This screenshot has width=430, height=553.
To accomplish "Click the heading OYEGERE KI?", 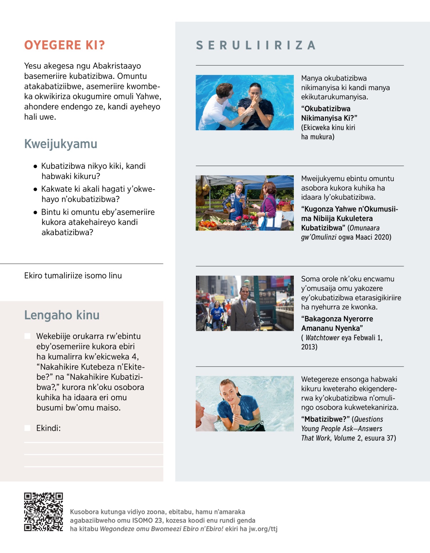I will point(64,45).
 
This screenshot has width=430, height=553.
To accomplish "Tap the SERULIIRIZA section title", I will point(255,45).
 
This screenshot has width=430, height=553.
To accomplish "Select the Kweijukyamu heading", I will point(61,144).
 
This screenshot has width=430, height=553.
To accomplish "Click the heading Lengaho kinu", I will point(62,315).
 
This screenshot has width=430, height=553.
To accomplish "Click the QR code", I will point(43,512).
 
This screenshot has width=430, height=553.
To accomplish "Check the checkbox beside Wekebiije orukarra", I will point(27,336).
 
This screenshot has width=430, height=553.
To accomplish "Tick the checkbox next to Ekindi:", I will point(27,428).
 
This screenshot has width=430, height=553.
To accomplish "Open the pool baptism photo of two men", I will point(244,103).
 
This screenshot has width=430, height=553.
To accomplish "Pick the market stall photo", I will point(244,203).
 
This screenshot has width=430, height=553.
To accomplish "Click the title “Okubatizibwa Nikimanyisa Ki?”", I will point(329,113).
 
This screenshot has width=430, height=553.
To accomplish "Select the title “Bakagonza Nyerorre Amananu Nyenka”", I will point(337,323).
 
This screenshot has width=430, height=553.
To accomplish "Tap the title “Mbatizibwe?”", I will point(325,419).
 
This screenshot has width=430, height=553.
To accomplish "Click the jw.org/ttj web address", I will point(263,529).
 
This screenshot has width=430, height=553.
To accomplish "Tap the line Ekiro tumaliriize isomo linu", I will point(73,276).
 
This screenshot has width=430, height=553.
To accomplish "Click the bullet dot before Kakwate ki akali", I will point(35,189).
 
